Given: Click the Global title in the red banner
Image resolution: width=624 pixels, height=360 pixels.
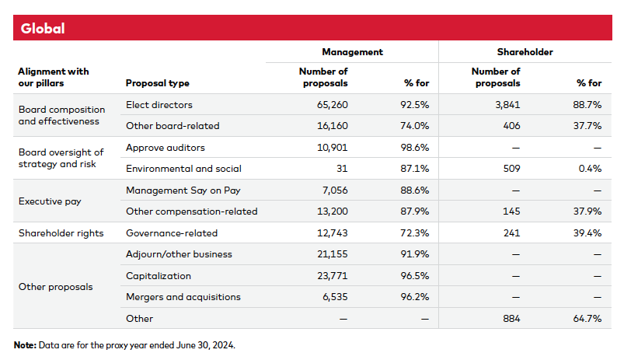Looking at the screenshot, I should coord(43,29).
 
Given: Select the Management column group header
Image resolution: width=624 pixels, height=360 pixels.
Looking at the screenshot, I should coord(352,52).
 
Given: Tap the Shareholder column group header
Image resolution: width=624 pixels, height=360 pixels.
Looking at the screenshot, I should coord(525,52).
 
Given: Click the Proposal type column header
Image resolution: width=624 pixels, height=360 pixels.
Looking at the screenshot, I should coord(157,83).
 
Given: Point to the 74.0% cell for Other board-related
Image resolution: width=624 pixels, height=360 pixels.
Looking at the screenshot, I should coord(414,126).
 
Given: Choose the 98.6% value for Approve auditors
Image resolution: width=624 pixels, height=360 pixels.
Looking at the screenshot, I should coord(414,147).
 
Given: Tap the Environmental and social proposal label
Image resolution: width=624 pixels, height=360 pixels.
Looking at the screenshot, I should coord(183,169).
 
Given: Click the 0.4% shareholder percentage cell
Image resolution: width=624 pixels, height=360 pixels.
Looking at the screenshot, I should coord(590,169).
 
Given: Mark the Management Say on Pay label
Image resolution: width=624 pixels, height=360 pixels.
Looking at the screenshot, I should coord(176,190).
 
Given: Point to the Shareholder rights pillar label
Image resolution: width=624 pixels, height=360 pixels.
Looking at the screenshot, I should coord(60,232).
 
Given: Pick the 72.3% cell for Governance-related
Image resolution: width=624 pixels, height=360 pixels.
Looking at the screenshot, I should coord(414,232).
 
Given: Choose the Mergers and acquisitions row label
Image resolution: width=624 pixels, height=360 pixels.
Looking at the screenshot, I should coord(183,296).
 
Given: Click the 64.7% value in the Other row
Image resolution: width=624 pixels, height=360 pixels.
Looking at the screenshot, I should coord(587,318).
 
